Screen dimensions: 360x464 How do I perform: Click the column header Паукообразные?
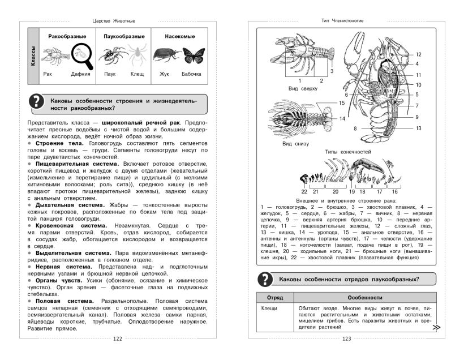click(121, 36)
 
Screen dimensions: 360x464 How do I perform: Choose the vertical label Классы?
click(33, 57)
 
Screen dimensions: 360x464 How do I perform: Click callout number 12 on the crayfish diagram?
click(419, 54)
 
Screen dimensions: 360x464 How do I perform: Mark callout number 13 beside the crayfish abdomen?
click(419, 128)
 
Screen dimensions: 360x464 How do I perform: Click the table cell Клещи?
click(270, 309)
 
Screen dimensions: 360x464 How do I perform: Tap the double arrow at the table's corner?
click(436, 327)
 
